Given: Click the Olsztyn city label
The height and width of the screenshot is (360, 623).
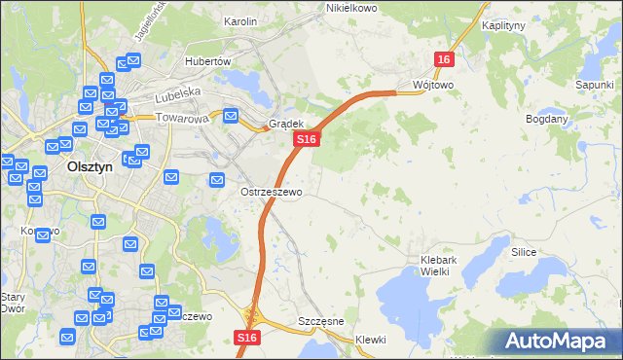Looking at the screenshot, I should [92, 165].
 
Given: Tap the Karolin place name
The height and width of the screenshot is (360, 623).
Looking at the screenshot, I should [239, 21].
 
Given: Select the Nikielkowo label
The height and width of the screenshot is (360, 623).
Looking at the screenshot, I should [351, 8].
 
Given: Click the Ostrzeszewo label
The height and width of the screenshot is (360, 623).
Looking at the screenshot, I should [272, 192].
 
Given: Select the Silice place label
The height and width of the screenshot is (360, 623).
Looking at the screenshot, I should [523, 252].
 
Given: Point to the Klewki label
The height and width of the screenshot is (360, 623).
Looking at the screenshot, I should [371, 340].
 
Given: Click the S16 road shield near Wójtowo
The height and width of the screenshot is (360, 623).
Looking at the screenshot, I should [445, 59].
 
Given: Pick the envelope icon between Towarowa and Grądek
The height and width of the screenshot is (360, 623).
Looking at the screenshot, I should [231, 117].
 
